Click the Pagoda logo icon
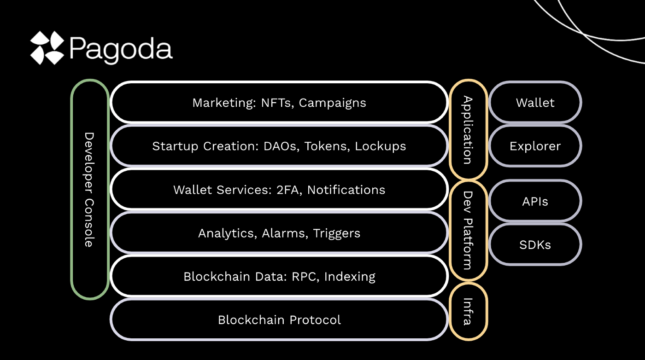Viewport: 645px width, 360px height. point(47,48)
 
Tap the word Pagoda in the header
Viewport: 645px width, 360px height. point(121,49)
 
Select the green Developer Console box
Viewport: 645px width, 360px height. point(90,189)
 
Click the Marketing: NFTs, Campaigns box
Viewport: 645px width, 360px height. point(279,103)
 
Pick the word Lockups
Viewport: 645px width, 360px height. point(380,146)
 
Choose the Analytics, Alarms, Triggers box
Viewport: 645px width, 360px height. point(279,233)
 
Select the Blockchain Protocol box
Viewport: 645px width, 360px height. point(279,319)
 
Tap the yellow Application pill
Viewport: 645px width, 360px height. point(468,130)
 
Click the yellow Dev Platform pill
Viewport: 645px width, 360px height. point(468,231)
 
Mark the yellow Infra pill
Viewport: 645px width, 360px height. point(468,311)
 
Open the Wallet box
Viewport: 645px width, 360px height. point(535,103)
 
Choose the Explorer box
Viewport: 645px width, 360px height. point(535,146)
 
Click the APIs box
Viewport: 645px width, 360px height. point(535,201)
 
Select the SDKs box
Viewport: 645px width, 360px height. point(535,244)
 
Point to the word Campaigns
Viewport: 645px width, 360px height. point(332,103)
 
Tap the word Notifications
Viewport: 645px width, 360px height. point(346,190)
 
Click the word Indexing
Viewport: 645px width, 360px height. point(350,277)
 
